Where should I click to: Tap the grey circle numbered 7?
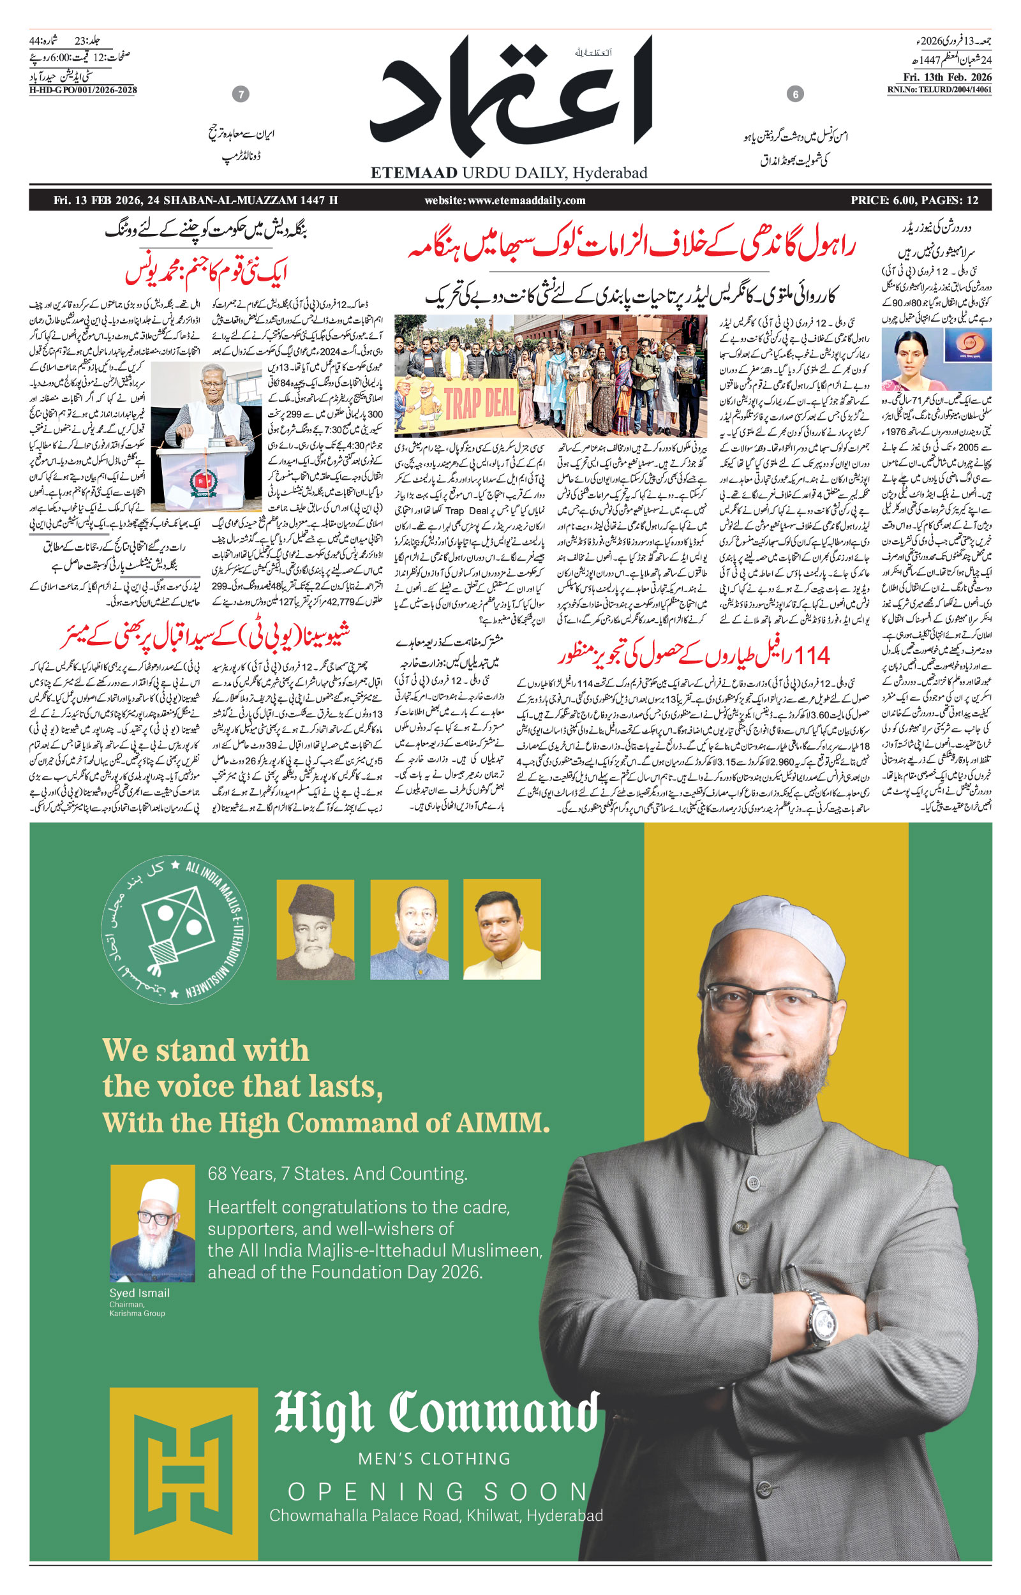(241, 94)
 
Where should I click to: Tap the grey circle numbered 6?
(795, 94)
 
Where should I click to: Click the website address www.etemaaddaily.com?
(505, 200)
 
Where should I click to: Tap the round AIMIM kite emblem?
(175, 928)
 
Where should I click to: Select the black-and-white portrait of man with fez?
(315, 930)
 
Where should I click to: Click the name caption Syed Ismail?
(139, 1293)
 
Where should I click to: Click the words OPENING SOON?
(438, 1492)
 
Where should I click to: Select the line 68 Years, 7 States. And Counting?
(338, 1173)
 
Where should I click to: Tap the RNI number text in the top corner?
(939, 90)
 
